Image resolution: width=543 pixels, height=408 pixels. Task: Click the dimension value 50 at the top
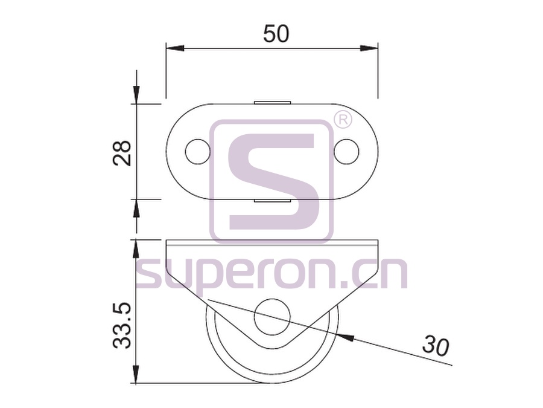(x=276, y=34)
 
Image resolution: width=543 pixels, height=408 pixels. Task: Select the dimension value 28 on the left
(x=122, y=153)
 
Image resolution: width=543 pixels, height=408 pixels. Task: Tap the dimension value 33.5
(x=122, y=325)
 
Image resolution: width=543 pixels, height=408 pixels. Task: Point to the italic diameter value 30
(x=435, y=346)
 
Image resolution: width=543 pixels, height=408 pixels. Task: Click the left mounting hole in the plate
(x=198, y=152)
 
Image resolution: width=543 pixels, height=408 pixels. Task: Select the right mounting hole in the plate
(x=347, y=152)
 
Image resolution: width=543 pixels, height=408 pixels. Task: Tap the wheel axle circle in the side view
(x=272, y=317)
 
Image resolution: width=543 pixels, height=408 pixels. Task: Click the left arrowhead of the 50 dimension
(x=174, y=48)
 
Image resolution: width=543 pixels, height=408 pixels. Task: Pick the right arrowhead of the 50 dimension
(x=369, y=48)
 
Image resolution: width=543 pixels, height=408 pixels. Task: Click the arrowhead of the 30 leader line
(x=346, y=337)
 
